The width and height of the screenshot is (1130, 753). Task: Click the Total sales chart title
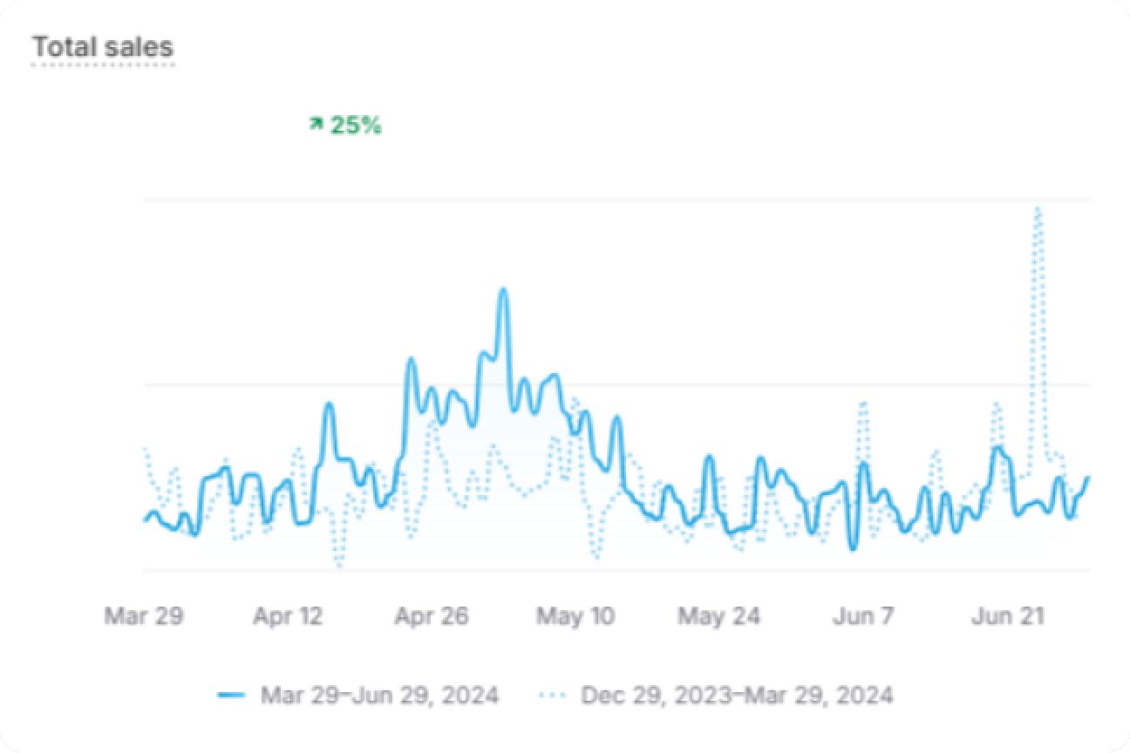(103, 47)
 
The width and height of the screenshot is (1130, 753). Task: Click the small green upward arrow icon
(316, 125)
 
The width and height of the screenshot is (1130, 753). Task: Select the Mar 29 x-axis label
(144, 616)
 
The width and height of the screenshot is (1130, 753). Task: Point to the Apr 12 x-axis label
(288, 616)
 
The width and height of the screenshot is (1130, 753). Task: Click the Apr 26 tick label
(431, 616)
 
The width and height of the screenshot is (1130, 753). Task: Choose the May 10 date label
(575, 616)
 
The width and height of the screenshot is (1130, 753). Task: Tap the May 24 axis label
(718, 616)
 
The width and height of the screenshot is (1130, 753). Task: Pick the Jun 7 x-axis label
(863, 616)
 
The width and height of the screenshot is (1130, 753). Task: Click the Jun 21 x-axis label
(1007, 616)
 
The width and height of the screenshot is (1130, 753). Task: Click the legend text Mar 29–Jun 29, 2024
(379, 695)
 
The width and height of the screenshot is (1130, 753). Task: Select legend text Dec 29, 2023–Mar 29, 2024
(737, 695)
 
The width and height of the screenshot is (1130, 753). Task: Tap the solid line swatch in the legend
(231, 695)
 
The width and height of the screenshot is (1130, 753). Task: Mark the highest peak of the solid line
(502, 290)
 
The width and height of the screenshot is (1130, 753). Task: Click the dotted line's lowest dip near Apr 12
(338, 566)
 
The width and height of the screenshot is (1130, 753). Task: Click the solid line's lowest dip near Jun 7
(853, 548)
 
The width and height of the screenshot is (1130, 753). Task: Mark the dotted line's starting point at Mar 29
(145, 449)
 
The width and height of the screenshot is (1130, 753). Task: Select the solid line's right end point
(1088, 478)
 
